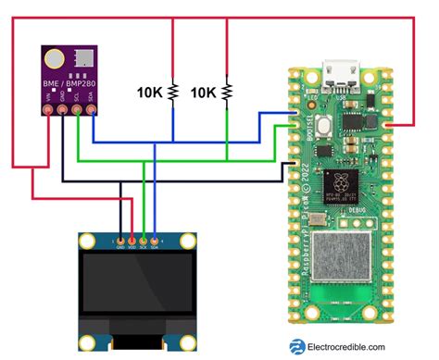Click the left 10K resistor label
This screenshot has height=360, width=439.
coord(151,93)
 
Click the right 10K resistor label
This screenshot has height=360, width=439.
coord(204,93)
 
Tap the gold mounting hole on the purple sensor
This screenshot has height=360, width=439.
coord(56,60)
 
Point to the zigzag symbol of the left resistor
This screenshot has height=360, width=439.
coord(174,93)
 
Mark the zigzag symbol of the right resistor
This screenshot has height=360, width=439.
coord(227,93)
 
